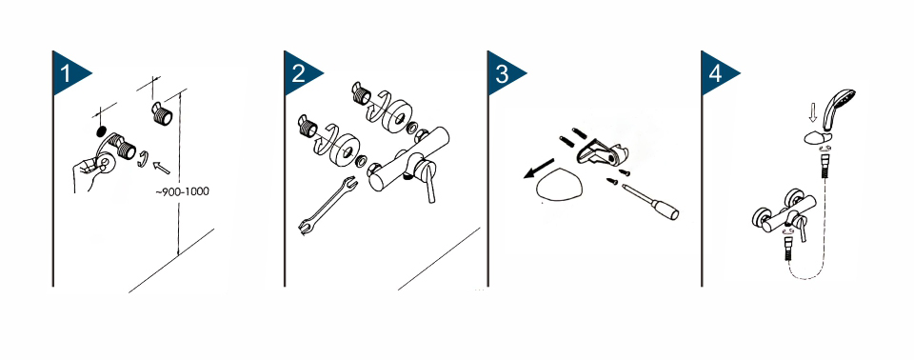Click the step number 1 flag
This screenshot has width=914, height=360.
69,73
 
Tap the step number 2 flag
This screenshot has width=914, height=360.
301,73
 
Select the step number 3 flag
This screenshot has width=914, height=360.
504,73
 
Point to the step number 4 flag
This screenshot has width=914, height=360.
718,73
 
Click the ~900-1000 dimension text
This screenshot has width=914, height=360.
182,191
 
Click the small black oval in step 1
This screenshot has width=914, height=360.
100,130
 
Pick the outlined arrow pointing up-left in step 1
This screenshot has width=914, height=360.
161,168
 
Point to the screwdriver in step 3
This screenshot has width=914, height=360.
651,202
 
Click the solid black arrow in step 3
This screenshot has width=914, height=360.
539,170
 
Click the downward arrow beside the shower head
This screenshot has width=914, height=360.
811,113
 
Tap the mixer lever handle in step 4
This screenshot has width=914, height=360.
803,229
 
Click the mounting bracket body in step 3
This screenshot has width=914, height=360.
599,153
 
